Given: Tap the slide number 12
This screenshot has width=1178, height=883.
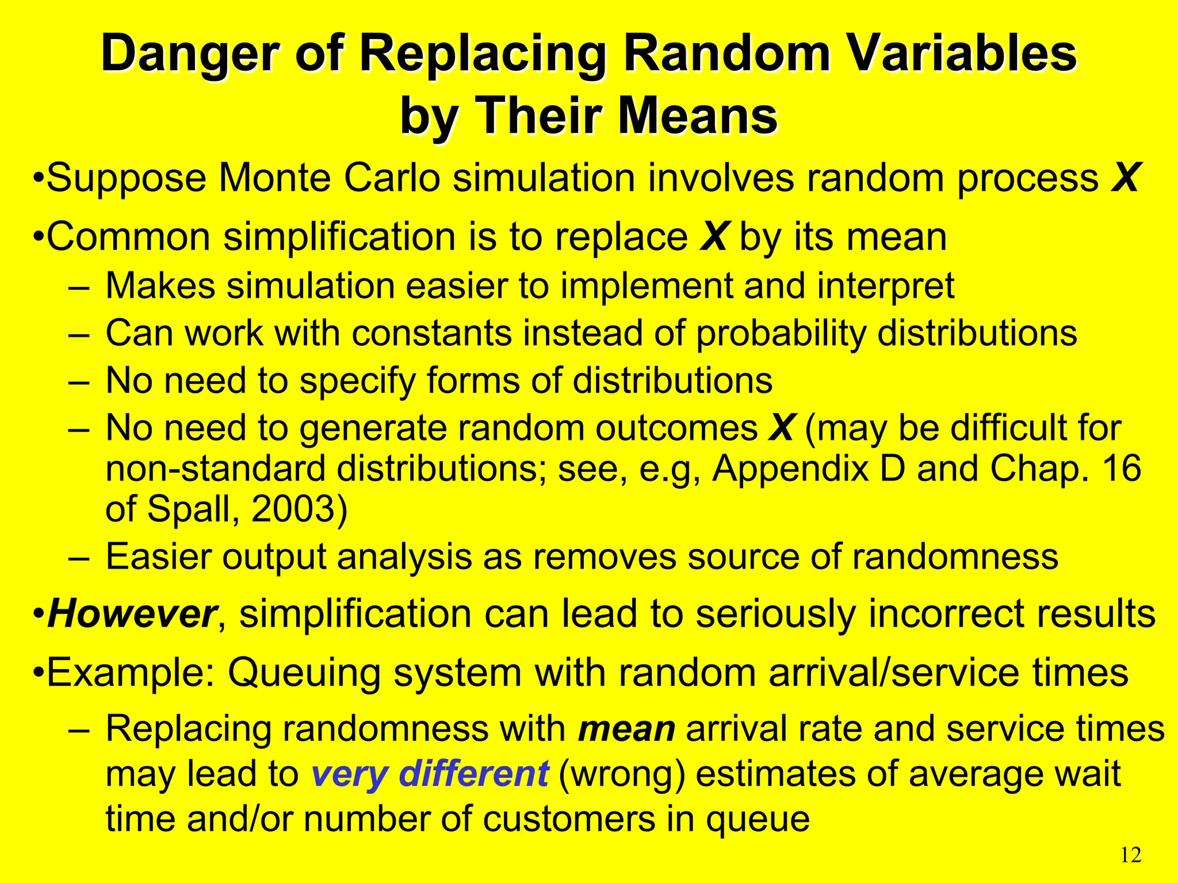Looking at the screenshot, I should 1131,855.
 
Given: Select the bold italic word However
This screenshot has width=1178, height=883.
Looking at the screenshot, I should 132,614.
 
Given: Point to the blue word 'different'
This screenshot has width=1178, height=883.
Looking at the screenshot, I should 473,774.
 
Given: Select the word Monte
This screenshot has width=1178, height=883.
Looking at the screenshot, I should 274,178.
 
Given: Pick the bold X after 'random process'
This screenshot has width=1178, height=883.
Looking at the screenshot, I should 1125,178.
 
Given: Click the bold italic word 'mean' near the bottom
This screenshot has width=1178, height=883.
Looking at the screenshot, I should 626,729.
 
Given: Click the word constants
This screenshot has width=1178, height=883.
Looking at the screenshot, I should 432,333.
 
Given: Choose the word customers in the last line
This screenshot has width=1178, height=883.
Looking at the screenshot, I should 569,819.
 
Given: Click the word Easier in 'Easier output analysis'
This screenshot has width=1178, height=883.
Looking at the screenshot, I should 159,556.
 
